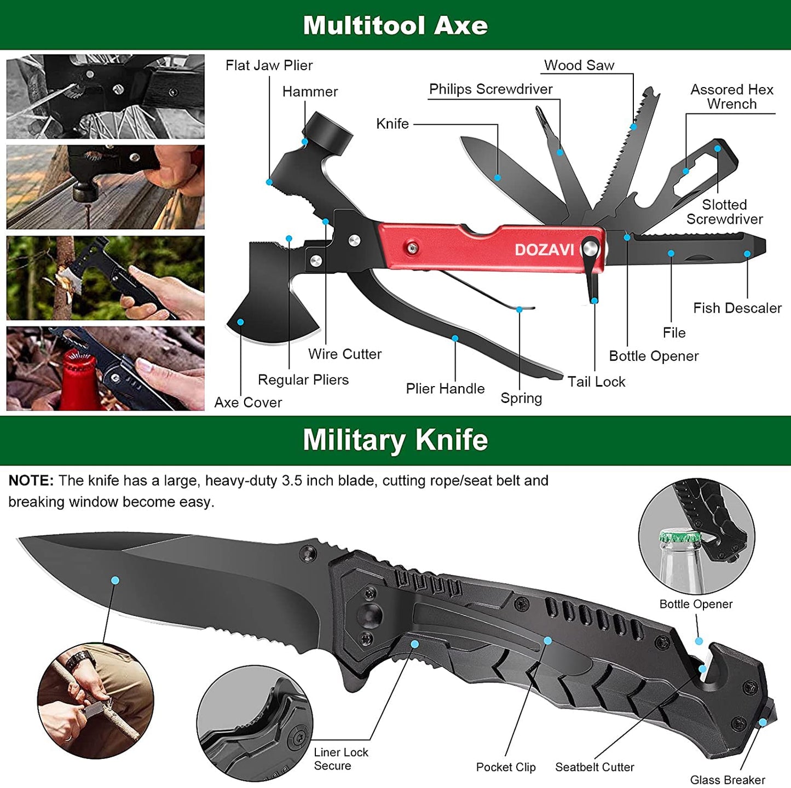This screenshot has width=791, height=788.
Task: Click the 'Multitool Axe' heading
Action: pyautogui.click(x=395, y=25)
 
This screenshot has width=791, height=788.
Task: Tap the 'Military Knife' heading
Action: pyautogui.click(x=395, y=440)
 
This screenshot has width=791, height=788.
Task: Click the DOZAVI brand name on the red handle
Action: pyautogui.click(x=544, y=250)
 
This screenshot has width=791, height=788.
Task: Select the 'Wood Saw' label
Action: pyautogui.click(x=579, y=65)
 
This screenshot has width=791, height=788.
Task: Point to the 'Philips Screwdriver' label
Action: pyautogui.click(x=490, y=89)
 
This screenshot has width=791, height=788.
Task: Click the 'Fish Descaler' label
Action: pyautogui.click(x=737, y=308)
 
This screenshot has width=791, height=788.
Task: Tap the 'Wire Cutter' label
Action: pyautogui.click(x=344, y=354)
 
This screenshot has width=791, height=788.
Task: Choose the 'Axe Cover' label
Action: pyautogui.click(x=248, y=402)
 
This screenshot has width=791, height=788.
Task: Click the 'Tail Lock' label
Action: pyautogui.click(x=596, y=382)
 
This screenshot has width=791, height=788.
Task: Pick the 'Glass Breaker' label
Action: pyautogui.click(x=727, y=780)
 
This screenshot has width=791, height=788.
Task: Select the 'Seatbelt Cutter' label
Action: pyautogui.click(x=594, y=767)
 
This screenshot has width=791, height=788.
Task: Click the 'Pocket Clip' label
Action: pyautogui.click(x=506, y=767)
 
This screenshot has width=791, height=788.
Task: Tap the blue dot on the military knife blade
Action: pyautogui.click(x=115, y=580)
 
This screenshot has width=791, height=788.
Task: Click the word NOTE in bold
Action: pyautogui.click(x=31, y=481)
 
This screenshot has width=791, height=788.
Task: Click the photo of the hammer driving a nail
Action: pyautogui.click(x=105, y=187)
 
